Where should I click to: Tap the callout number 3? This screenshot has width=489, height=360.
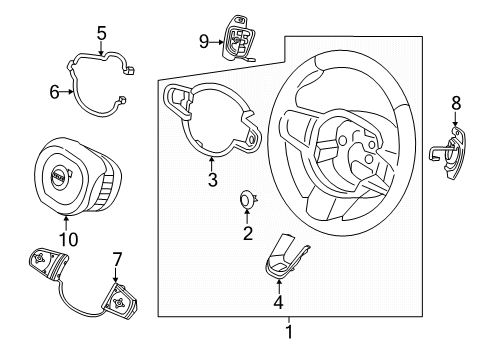210,179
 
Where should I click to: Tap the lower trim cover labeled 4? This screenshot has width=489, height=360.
283,260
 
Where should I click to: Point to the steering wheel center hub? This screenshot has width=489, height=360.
357,152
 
